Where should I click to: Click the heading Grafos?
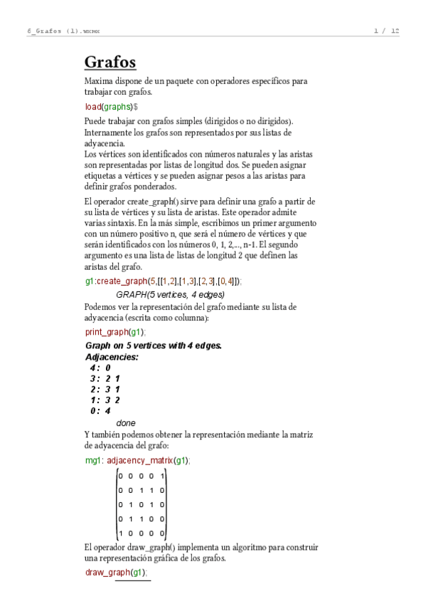[x=110, y=62]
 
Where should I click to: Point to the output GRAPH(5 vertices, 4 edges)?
[x=170, y=294]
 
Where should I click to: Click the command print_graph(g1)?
[x=115, y=332]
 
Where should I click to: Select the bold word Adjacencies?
[x=112, y=357]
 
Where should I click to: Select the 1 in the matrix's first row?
[x=162, y=476]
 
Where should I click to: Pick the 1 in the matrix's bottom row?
[x=120, y=532]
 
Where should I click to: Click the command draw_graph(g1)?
[x=117, y=572]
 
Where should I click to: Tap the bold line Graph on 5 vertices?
[x=153, y=345]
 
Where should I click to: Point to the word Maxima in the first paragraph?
[x=98, y=81]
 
